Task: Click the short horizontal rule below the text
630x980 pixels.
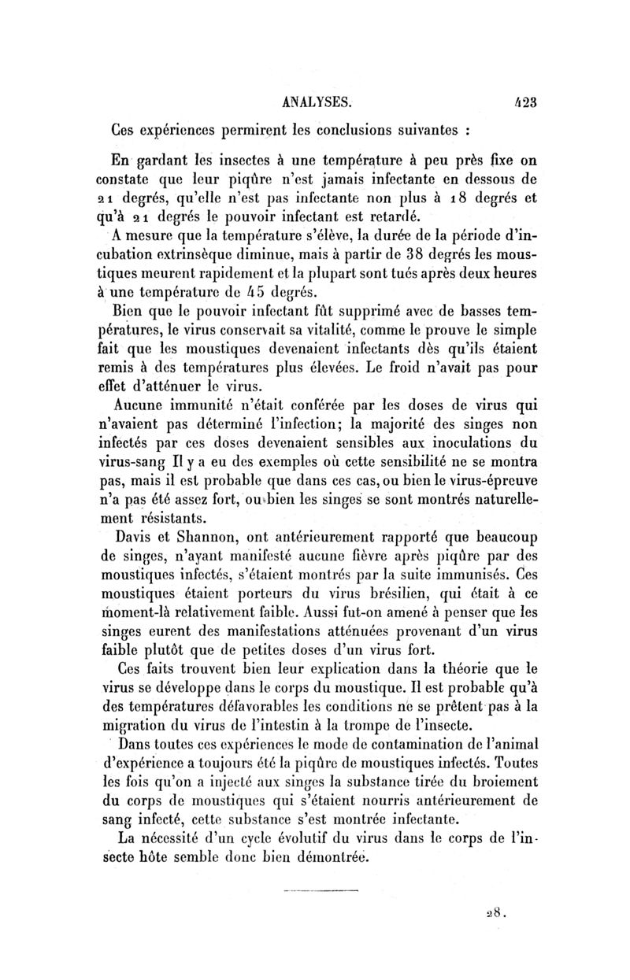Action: [321, 891]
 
